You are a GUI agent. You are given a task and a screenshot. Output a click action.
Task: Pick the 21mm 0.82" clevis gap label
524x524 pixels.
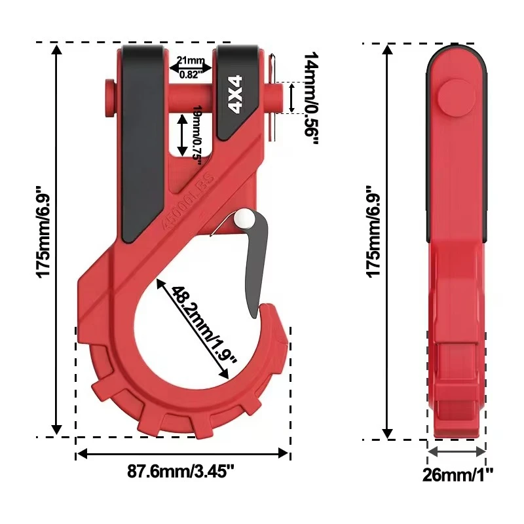coord(191,67)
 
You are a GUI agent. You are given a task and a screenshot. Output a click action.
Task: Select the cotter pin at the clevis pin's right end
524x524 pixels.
coord(275,98)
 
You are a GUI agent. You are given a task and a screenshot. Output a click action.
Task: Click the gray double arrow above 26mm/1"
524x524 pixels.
coord(457,451)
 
